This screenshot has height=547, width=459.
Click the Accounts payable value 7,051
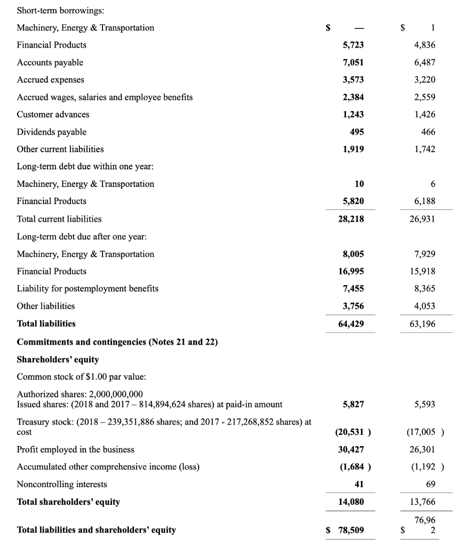[353, 62]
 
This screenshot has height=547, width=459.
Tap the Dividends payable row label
[52, 132]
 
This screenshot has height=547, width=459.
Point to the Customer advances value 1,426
[425, 114]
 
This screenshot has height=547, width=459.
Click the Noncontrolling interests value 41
[359, 484]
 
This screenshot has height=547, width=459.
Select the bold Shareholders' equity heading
[58, 359]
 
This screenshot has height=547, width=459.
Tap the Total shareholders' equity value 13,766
[425, 502]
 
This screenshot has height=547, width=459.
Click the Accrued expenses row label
[51, 80]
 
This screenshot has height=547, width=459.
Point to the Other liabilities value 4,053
[425, 306]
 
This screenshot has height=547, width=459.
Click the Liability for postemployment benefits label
[88, 288]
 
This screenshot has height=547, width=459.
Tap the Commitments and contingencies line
[117, 342]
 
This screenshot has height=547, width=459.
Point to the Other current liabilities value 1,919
[353, 149]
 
